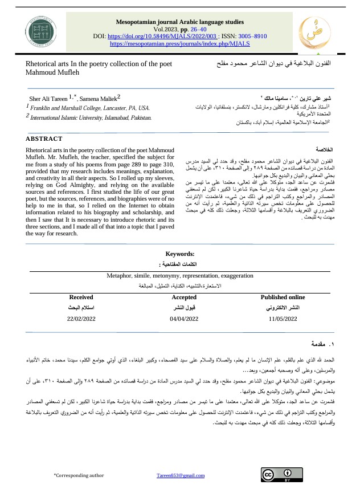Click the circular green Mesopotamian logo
click(40, 32)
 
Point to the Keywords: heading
click(180, 254)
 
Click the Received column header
click(81, 297)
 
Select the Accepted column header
click(183, 297)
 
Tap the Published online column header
click(283, 297)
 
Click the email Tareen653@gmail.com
click(181, 475)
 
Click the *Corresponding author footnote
click(79, 475)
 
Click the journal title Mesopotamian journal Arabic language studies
click(180, 22)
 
